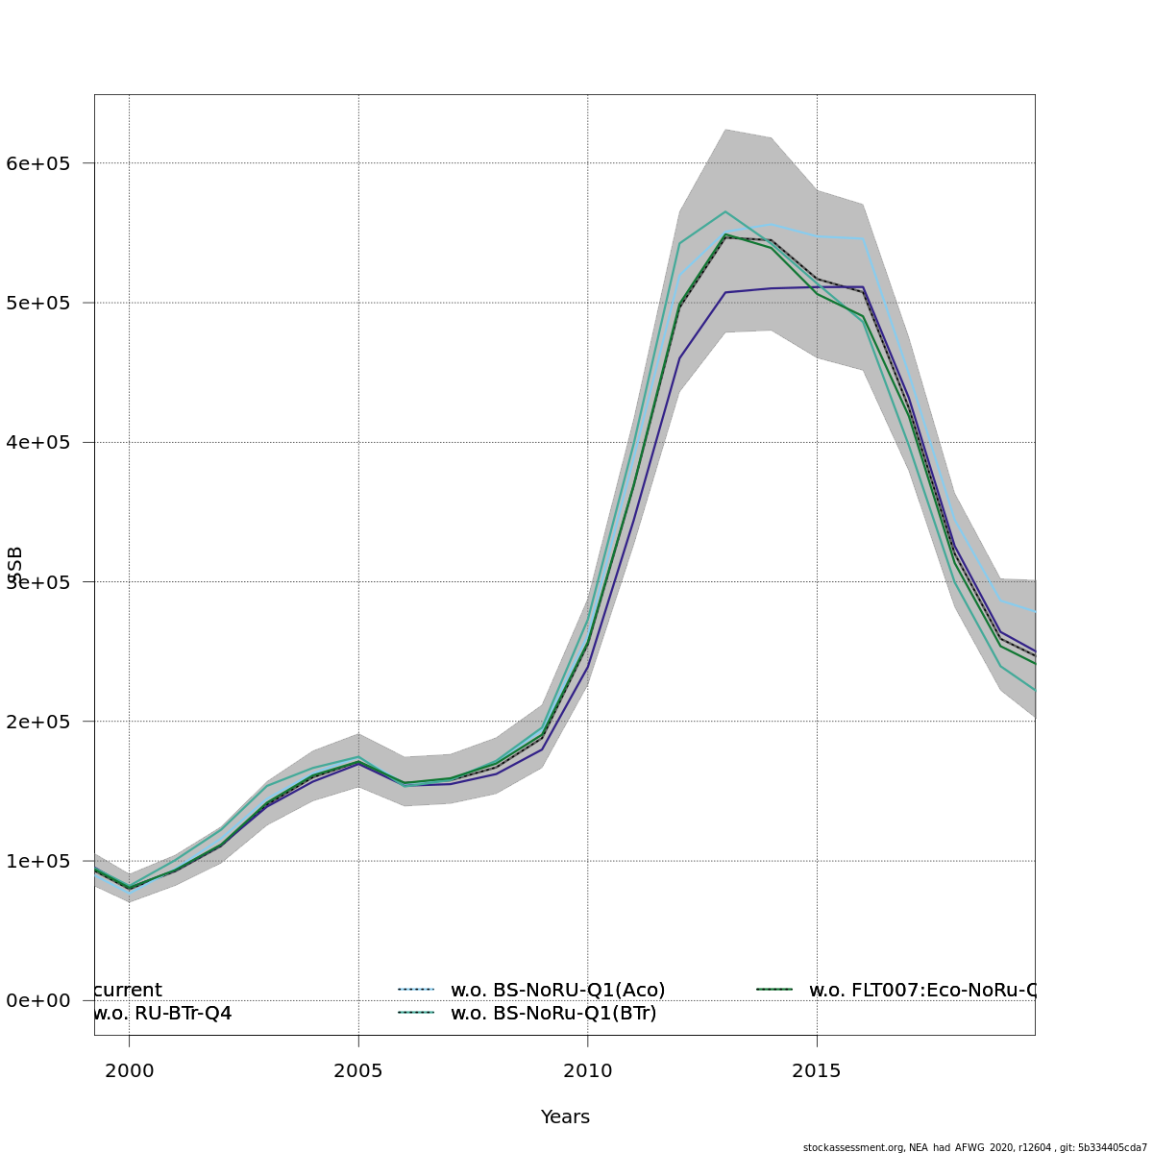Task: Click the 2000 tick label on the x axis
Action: [129, 1070]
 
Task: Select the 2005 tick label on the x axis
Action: [358, 1070]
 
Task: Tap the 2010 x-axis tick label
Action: [588, 1070]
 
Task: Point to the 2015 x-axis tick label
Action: [818, 1070]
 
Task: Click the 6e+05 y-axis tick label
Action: [38, 163]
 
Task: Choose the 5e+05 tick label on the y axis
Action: [38, 303]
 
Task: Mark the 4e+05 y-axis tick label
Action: [38, 442]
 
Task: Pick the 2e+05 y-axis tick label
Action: [38, 722]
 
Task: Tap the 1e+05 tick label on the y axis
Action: [38, 861]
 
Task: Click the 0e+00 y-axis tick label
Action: [38, 1000]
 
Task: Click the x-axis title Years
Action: [565, 1116]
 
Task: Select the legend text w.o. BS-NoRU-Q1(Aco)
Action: [557, 990]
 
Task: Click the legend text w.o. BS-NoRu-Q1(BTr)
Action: [553, 1013]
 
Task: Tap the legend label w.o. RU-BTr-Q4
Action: [162, 1013]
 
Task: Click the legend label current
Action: [129, 990]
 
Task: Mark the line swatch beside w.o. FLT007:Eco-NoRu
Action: [774, 989]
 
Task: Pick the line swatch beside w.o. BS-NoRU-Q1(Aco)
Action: [416, 989]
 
